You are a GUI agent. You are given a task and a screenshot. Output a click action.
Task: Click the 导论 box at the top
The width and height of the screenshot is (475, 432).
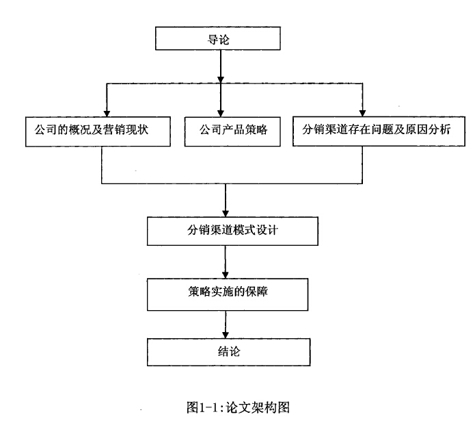pos(218,38)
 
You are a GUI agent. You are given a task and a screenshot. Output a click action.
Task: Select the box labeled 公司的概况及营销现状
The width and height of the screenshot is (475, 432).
pos(98,131)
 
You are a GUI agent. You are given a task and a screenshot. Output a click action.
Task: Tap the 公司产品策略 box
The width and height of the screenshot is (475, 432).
pos(232,131)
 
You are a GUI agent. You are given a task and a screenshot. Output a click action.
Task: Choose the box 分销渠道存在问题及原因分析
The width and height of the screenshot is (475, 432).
pos(379,131)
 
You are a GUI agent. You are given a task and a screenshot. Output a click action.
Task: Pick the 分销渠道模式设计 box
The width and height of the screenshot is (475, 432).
pos(232,231)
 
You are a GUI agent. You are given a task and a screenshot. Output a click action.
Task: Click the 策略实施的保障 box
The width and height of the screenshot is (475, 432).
pos(228,294)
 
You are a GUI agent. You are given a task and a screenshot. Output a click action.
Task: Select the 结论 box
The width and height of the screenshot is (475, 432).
pos(229,352)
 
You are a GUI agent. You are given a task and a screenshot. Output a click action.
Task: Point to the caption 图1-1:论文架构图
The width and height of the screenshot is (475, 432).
pos(238,407)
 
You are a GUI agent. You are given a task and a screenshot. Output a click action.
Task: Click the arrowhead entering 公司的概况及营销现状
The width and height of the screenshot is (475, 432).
pos(107,114)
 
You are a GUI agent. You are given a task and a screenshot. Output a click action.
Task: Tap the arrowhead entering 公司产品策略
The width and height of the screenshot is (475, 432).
pos(221,114)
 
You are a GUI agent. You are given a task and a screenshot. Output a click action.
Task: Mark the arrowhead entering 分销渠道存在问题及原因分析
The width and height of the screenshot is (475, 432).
pos(362,113)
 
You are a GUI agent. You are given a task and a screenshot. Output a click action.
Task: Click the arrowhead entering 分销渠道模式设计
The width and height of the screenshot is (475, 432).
pos(226,214)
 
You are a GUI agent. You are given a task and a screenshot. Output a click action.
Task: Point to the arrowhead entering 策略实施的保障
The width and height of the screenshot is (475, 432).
pos(226,275)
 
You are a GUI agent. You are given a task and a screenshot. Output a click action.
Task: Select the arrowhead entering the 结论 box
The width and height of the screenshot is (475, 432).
pos(226,335)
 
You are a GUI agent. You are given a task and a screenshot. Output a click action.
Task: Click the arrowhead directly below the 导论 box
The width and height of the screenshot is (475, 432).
pos(221,79)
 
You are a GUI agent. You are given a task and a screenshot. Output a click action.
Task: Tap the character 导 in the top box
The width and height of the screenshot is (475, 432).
pos(213,40)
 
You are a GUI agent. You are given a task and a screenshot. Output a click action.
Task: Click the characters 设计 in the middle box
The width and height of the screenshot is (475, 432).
pos(267,230)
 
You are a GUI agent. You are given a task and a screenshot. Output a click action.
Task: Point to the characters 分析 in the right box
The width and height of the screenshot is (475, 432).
pos(439,129)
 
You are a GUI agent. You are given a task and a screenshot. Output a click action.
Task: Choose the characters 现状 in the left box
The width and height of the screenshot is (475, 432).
pos(137,129)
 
